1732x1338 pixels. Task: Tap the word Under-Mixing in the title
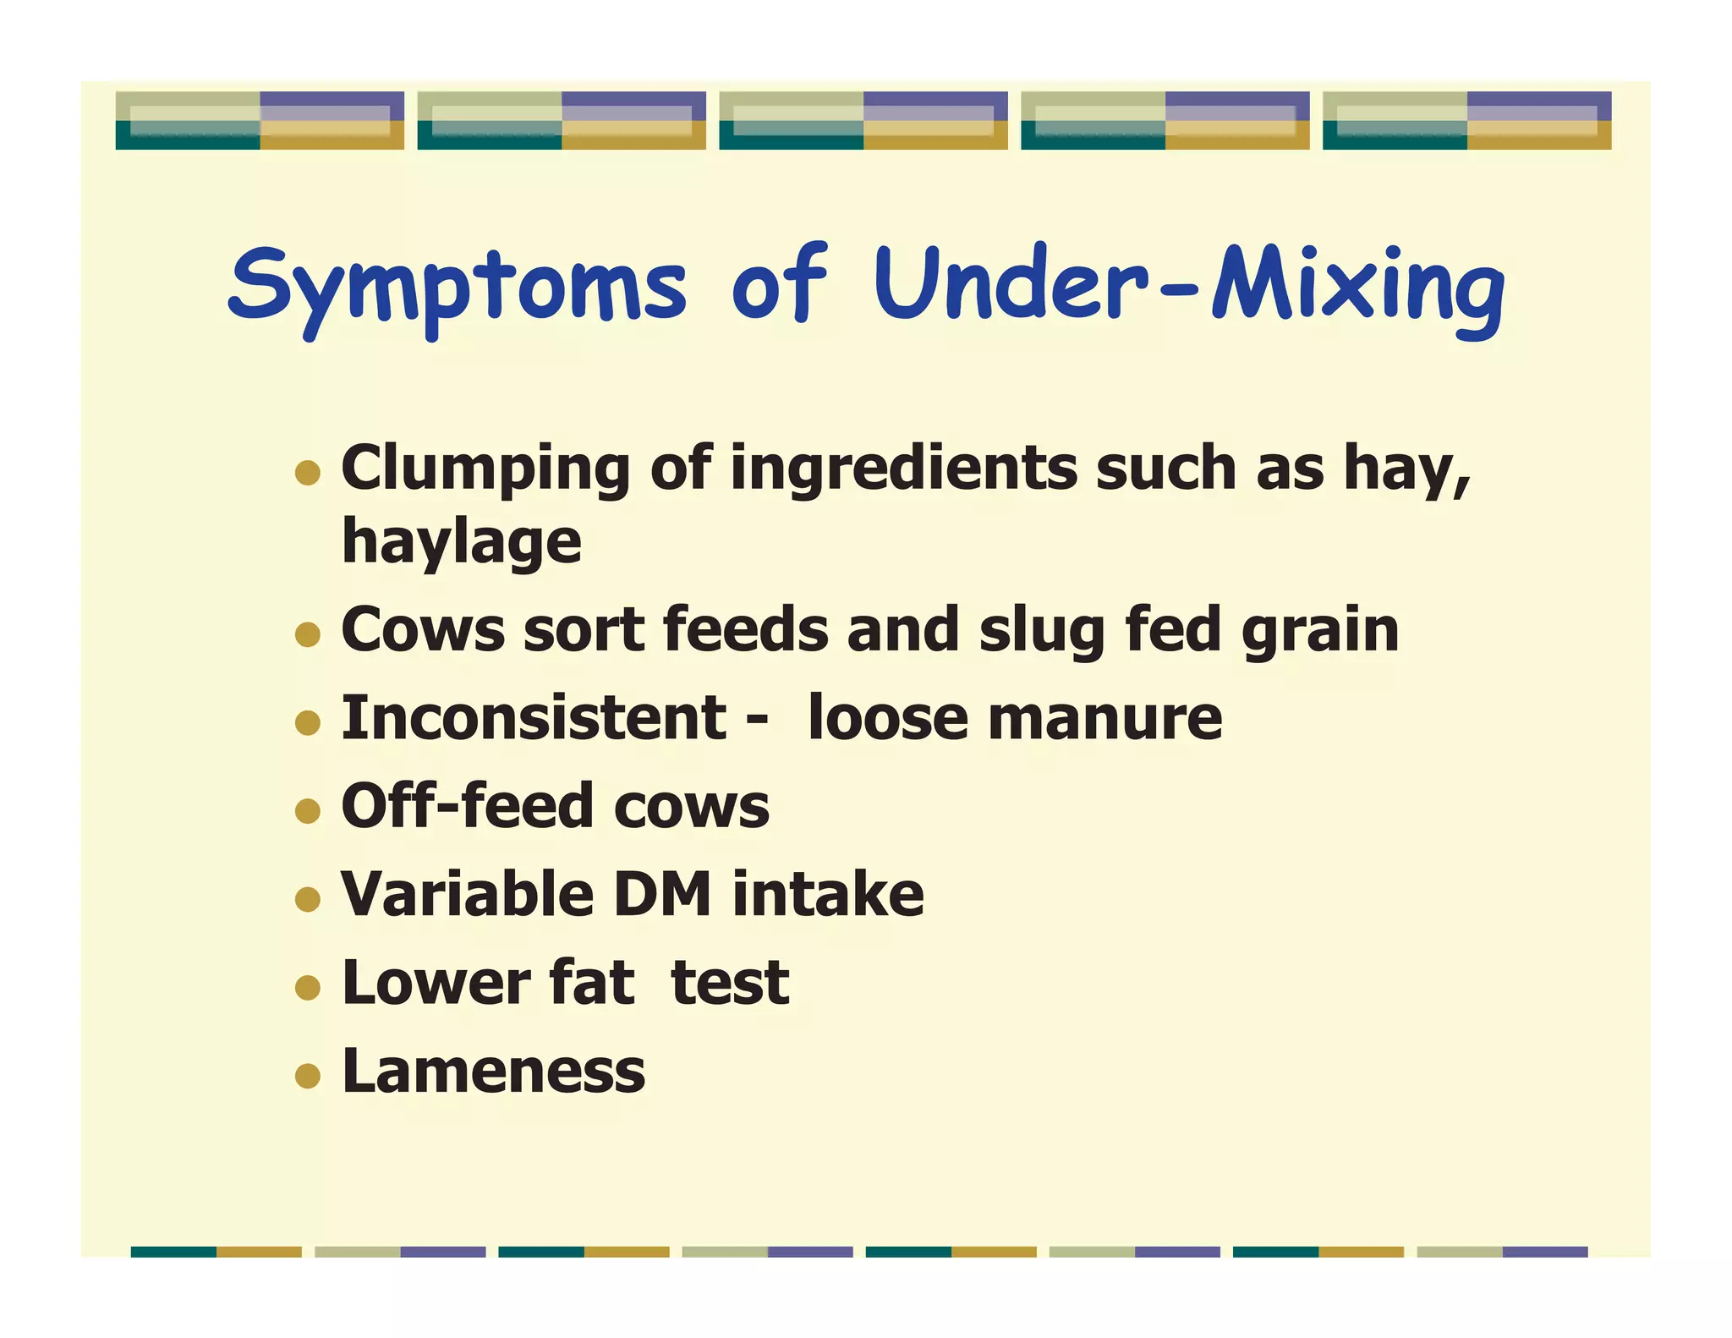click(x=1189, y=284)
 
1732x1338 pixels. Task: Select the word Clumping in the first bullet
click(x=485, y=470)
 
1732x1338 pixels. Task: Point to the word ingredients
click(x=903, y=469)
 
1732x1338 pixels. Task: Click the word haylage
click(x=462, y=543)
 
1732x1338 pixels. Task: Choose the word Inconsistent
click(x=534, y=718)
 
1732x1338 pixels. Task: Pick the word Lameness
click(x=493, y=1072)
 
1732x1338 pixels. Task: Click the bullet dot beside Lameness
click(x=308, y=1076)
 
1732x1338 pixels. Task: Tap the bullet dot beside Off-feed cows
click(x=308, y=811)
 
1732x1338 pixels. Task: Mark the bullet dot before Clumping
click(x=308, y=473)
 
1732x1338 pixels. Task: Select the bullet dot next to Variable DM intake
click(x=308, y=899)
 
